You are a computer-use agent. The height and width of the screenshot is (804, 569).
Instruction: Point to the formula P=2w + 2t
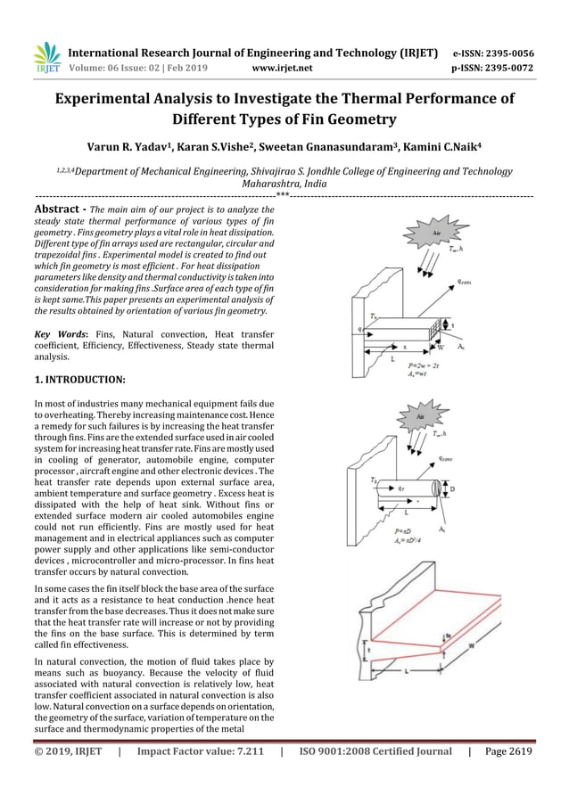[x=423, y=365]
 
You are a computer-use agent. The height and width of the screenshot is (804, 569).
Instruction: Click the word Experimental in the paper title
[x=110, y=98]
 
